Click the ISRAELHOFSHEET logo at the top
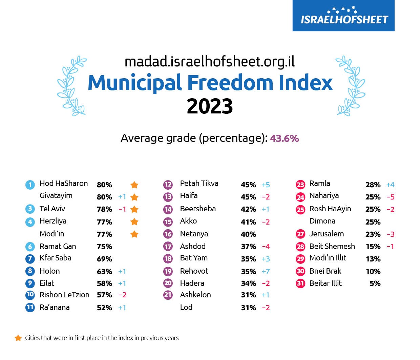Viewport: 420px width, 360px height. [x=343, y=16]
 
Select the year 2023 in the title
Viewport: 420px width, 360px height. [x=210, y=106]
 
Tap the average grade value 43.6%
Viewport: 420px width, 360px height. [x=285, y=139]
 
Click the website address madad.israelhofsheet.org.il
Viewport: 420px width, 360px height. [x=210, y=62]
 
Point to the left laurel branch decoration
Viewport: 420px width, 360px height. [x=71, y=85]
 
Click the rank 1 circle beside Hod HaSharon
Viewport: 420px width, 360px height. [x=30, y=185]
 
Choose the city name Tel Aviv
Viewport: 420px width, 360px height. [x=52, y=209]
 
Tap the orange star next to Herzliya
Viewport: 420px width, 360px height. [x=134, y=222]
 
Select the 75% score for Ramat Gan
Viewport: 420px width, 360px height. [x=104, y=247]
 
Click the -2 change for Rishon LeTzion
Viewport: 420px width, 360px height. [x=122, y=295]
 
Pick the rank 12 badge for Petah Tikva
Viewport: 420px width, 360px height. [x=168, y=185]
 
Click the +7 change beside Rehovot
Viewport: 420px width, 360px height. [x=266, y=272]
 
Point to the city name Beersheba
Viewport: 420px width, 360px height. [x=198, y=209]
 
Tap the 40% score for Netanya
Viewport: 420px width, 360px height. [x=248, y=234]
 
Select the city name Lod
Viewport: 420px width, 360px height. [x=186, y=307]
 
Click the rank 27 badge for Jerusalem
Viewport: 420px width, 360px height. [x=300, y=234]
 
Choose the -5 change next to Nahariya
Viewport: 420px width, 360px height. [x=390, y=197]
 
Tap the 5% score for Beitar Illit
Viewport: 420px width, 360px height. [x=375, y=283]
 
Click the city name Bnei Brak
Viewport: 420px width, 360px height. [x=325, y=271]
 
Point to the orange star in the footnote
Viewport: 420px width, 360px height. [x=18, y=338]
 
